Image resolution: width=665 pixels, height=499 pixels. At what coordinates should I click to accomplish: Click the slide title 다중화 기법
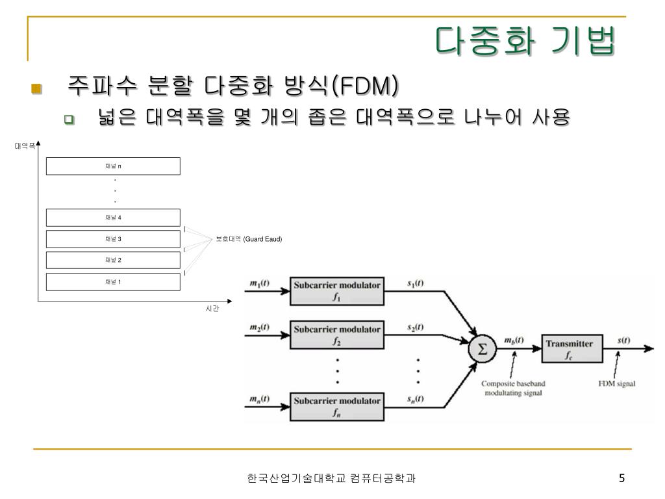coord(525,41)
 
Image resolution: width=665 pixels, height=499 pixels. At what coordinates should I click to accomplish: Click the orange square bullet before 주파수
coord(36,88)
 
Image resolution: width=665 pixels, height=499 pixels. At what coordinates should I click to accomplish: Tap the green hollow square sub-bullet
coord(69,120)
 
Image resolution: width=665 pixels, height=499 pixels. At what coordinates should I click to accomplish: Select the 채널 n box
coord(113,166)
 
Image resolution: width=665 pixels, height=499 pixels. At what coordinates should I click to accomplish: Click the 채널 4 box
coord(113,217)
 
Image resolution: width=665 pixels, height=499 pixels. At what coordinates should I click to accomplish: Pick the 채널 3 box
coord(113,239)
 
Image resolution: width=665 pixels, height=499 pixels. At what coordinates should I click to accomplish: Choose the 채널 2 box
coord(113,260)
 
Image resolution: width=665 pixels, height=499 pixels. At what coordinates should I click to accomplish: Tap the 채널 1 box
coord(113,282)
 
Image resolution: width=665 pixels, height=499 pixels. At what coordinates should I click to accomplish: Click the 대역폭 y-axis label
coord(25,146)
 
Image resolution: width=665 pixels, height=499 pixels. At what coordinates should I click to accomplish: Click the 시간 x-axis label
coord(212,309)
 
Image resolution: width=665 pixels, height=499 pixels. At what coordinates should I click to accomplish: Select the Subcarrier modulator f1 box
coord(337,291)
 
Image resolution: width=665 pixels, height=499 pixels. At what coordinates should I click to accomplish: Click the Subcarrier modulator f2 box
coord(337,335)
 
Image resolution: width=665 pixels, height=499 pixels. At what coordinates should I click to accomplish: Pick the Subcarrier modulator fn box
coord(337,407)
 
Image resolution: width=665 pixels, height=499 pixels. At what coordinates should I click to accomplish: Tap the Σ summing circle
coord(483,349)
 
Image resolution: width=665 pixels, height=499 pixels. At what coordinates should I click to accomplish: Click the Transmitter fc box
coord(572,348)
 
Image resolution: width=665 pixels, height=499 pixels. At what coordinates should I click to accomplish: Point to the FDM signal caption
coord(617,383)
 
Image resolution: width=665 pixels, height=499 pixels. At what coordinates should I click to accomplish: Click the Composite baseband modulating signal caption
coord(513,389)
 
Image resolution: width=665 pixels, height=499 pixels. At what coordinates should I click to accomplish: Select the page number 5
coord(621,478)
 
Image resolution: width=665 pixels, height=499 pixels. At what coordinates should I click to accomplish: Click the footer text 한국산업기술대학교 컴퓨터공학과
coord(331,478)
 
